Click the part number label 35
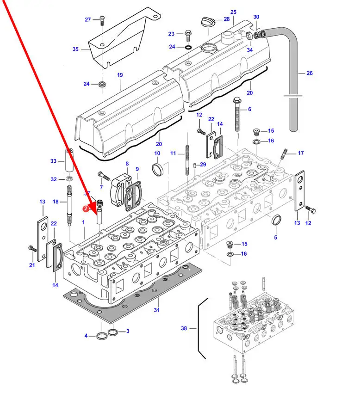click(76, 49)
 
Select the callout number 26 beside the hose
click(310, 73)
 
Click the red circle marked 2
click(85, 209)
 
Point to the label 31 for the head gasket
click(156, 310)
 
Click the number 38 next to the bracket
click(184, 328)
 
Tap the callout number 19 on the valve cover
click(120, 74)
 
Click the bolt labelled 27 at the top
click(101, 19)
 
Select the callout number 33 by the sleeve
click(53, 161)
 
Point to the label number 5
click(275, 238)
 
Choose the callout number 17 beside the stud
click(301, 153)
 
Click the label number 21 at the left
click(32, 265)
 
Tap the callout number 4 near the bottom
click(86, 336)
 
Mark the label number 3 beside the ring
click(127, 331)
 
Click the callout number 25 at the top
click(233, 12)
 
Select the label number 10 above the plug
click(157, 154)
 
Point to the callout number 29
click(203, 165)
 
